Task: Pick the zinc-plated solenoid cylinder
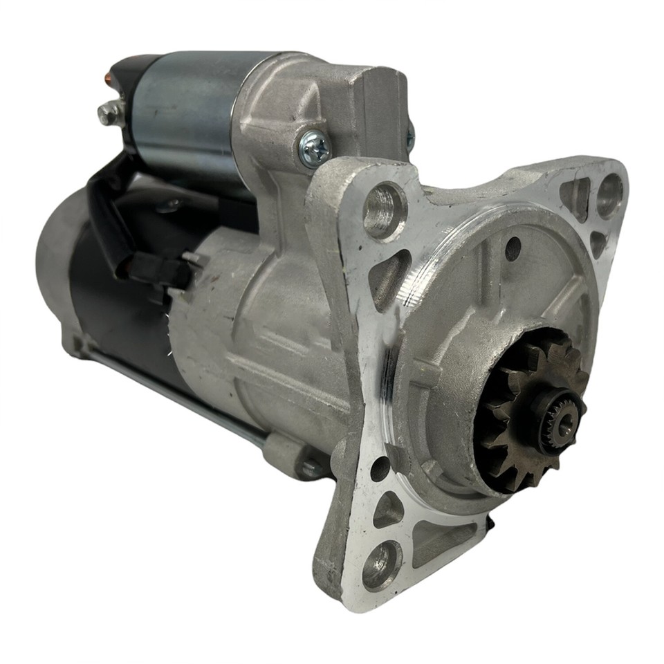pos(187,111)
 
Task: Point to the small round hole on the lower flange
pos(380,468)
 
